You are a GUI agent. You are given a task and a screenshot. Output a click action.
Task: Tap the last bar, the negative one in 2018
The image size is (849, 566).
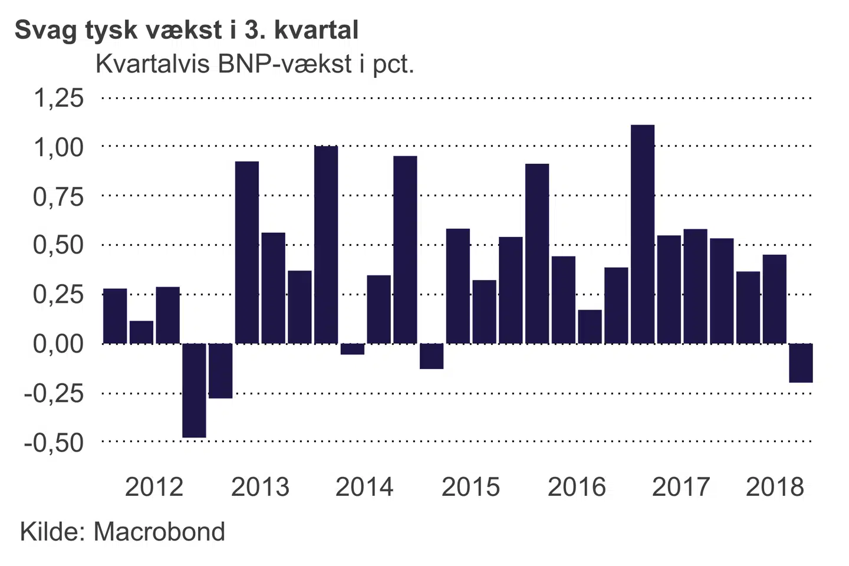click(x=801, y=363)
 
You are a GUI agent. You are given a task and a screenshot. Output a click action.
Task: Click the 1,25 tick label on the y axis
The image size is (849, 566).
click(x=58, y=98)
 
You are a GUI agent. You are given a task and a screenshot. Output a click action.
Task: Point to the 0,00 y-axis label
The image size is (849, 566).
click(x=58, y=343)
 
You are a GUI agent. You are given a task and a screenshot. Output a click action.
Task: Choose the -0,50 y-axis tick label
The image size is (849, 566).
click(x=54, y=442)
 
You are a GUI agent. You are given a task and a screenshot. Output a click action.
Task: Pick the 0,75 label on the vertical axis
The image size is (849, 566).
click(x=58, y=196)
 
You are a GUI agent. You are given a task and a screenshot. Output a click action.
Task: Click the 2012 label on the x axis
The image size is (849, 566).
click(x=154, y=487)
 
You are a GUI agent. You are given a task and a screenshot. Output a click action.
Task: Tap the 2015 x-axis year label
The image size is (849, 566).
click(x=470, y=487)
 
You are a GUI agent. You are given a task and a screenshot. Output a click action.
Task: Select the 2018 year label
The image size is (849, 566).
click(x=775, y=487)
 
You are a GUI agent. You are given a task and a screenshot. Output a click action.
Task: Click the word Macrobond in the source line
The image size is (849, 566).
click(x=159, y=532)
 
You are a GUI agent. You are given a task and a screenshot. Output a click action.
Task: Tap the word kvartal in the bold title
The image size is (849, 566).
click(x=316, y=31)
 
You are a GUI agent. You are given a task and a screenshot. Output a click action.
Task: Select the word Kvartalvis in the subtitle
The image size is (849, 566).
click(x=153, y=64)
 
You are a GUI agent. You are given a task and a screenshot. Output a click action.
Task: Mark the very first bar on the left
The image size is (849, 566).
click(x=115, y=316)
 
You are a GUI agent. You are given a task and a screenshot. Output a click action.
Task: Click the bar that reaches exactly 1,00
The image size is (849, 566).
click(x=326, y=245)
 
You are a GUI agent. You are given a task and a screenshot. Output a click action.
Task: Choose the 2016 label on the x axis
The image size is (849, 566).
click(x=577, y=487)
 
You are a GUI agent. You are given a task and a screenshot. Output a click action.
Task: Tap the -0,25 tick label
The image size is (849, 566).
click(x=54, y=393)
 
